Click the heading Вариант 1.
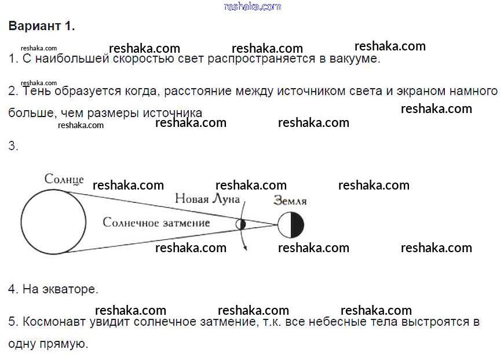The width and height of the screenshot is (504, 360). pyautogui.click(x=42, y=27)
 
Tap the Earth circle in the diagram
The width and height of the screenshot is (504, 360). pyautogui.click(x=290, y=224)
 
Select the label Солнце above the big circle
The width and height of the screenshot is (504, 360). pyautogui.click(x=64, y=179)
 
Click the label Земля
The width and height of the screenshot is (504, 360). pyautogui.click(x=290, y=202)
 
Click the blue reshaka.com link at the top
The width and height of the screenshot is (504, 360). pyautogui.click(x=252, y=6)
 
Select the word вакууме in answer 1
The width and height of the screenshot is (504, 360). pyautogui.click(x=354, y=59)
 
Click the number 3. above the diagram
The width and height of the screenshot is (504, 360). pyautogui.click(x=14, y=146)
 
